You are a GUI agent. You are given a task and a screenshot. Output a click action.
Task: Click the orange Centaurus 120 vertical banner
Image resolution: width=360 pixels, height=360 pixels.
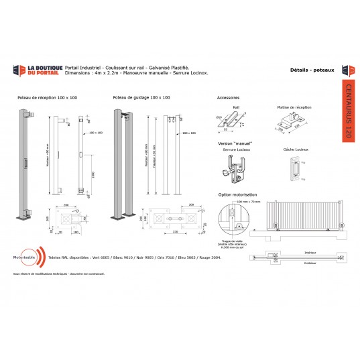[x=347, y=108]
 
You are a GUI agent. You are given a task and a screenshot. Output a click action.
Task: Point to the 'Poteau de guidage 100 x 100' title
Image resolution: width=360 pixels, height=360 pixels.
[x=141, y=98]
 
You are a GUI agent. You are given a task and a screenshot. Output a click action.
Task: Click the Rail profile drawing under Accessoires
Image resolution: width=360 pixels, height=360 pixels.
[x=236, y=121]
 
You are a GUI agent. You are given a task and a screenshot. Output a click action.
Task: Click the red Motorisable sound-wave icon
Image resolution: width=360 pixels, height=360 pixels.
[x=42, y=257]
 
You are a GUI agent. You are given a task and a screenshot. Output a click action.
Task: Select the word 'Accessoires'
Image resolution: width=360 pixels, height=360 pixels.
[x=229, y=98]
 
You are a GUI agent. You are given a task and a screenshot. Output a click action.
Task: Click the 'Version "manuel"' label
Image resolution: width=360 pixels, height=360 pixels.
[x=233, y=143]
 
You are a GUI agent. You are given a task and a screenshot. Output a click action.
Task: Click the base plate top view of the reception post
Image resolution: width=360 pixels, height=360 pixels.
[x=71, y=218]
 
